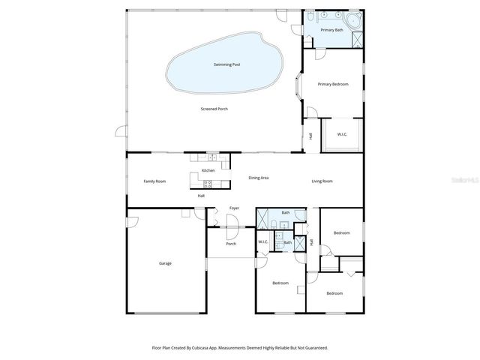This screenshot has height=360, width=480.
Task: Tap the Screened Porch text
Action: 214,109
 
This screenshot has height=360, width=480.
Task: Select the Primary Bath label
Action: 331,30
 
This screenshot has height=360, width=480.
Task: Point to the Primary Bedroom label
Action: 332,84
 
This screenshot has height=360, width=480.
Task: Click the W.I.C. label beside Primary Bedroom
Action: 342,135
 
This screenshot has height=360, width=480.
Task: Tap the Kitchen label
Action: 208,171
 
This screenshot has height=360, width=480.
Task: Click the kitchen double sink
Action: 213,158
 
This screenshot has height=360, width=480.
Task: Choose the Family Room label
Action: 154,181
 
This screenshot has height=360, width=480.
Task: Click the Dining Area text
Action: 259,178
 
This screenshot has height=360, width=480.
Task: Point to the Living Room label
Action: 322,181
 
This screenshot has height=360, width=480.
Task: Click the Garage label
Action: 165,263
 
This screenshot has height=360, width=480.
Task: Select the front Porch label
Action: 231,244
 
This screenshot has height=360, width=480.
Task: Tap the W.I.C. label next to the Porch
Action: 263,241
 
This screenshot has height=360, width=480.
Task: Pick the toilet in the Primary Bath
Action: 310,16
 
